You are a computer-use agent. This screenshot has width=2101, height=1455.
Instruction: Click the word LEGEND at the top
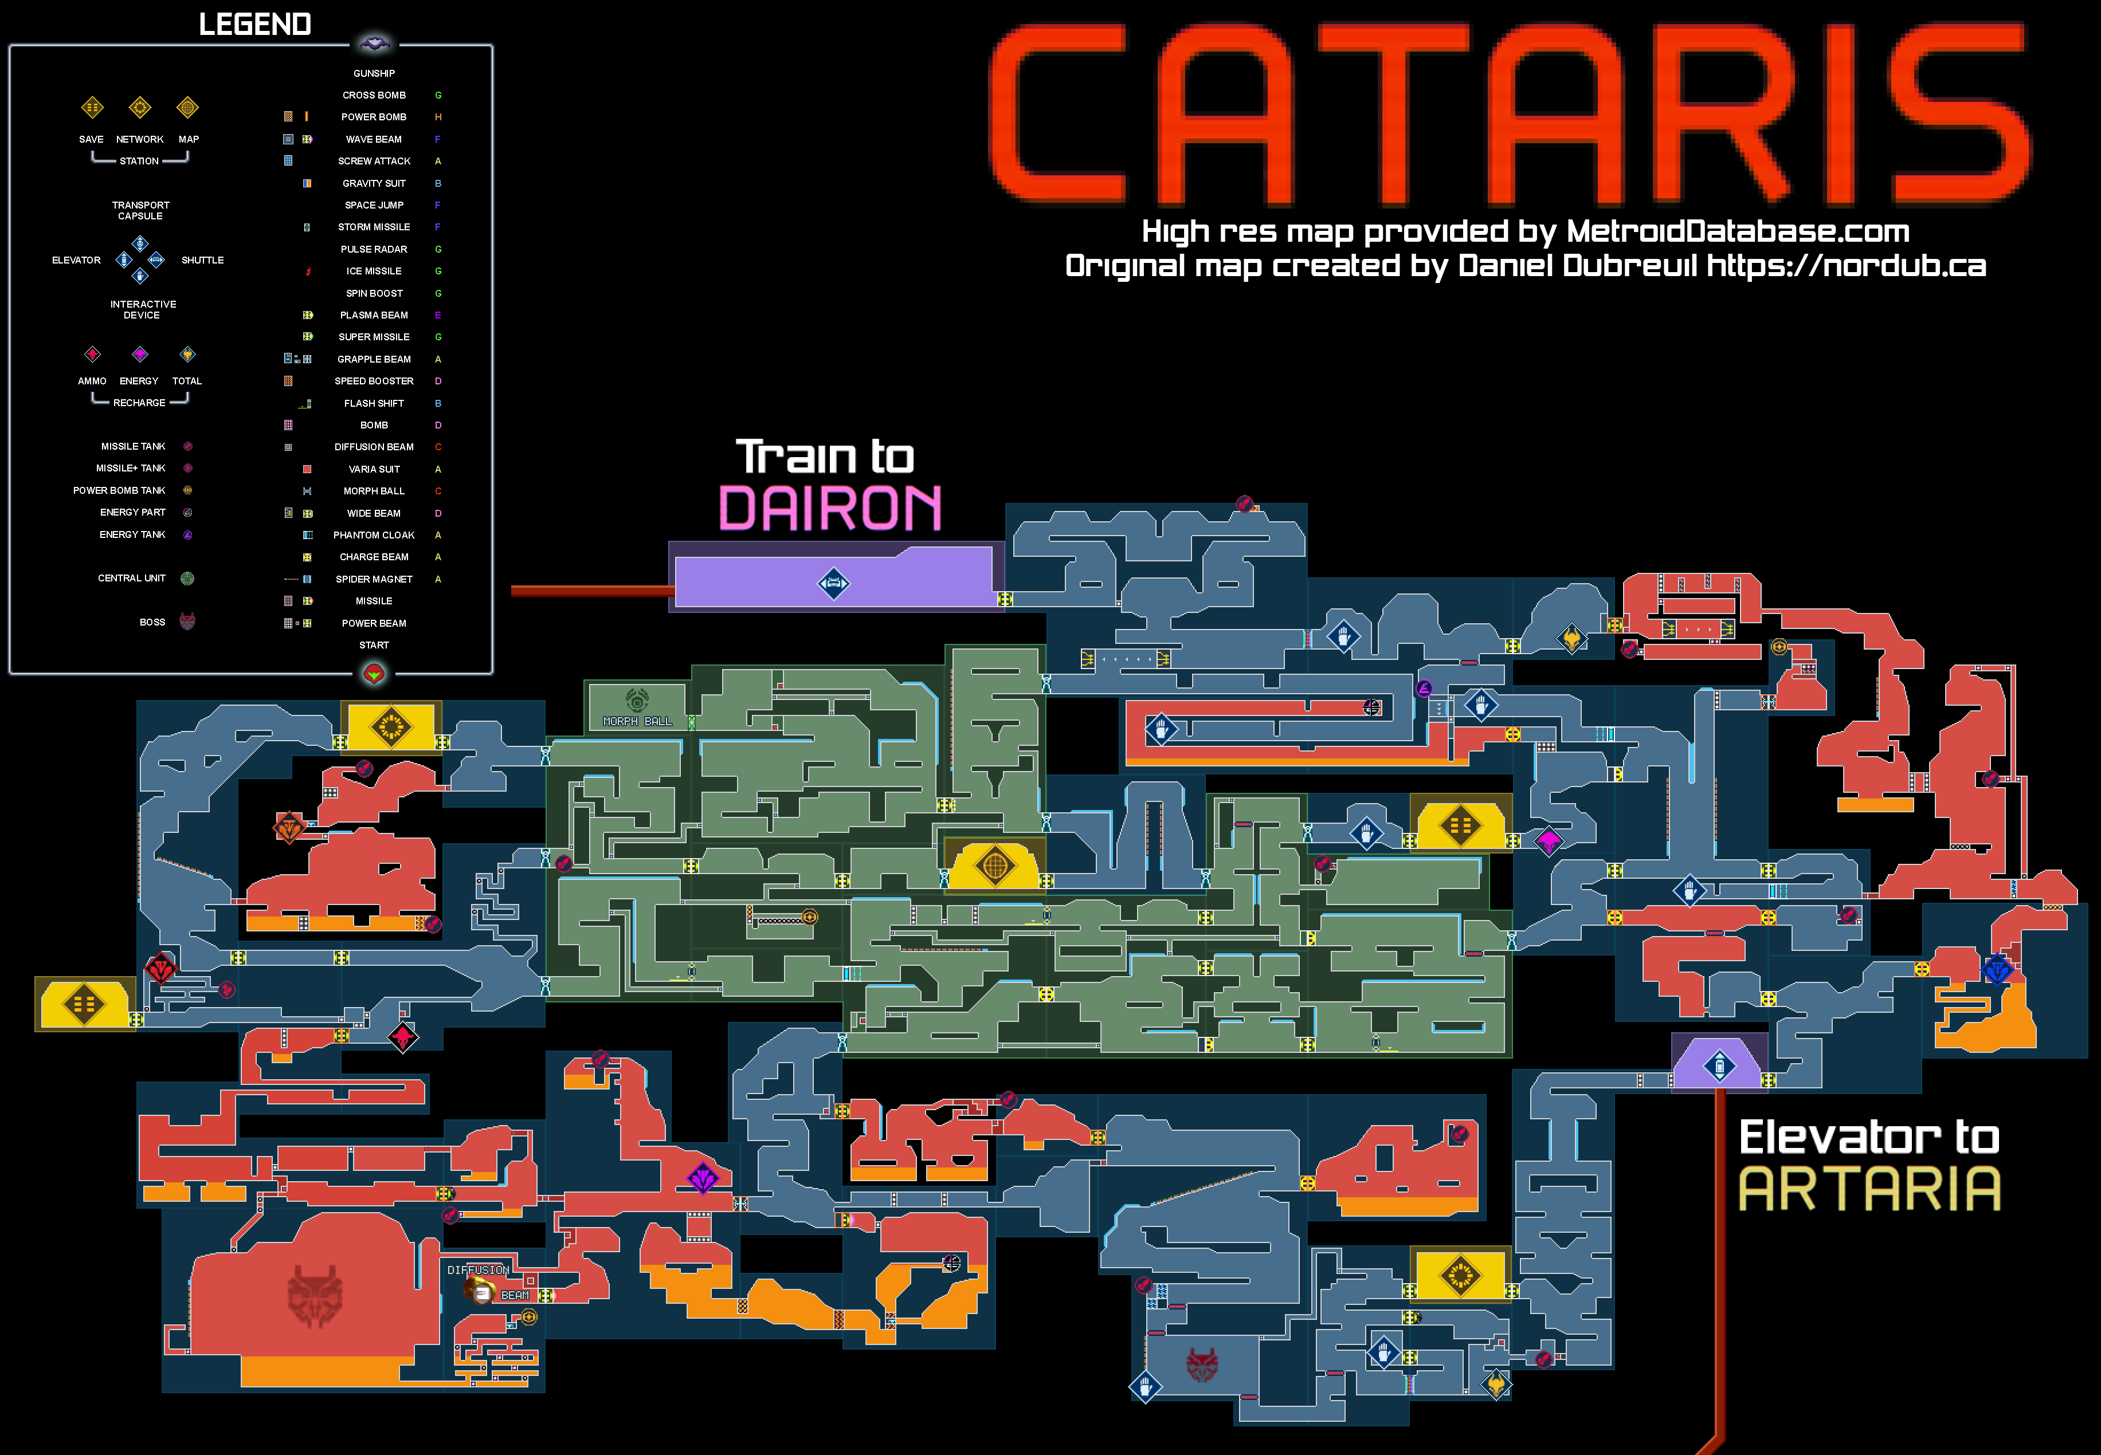[256, 25]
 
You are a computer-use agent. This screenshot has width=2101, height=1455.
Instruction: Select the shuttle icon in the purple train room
[833, 584]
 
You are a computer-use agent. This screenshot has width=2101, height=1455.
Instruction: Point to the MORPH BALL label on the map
[637, 721]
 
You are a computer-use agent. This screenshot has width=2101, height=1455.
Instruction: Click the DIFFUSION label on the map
[478, 1270]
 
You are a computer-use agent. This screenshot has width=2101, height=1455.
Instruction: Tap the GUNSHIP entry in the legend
[374, 73]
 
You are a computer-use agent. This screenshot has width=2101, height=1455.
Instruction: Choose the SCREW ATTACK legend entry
[374, 162]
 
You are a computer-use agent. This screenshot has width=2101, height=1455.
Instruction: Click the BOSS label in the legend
[152, 622]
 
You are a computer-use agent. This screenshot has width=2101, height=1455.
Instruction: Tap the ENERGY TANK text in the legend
[132, 534]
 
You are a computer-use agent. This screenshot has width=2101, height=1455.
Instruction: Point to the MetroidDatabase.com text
[1737, 231]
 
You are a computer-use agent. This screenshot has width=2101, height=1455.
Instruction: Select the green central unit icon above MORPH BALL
[637, 700]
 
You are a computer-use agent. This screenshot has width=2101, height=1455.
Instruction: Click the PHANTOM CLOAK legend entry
[374, 535]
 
